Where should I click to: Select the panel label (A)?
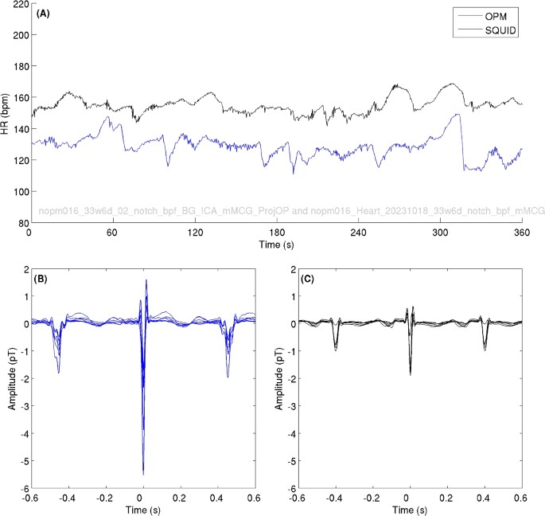45,12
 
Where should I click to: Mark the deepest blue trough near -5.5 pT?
144,473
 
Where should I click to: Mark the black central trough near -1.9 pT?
411,373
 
